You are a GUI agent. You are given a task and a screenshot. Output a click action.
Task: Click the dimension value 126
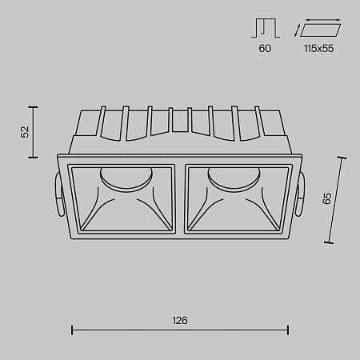tap(180, 320)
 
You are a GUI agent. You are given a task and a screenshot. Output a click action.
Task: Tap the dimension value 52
tap(25, 131)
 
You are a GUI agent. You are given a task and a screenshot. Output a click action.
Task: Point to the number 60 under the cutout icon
tap(265, 49)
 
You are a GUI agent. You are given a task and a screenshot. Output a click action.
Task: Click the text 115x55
tap(317, 49)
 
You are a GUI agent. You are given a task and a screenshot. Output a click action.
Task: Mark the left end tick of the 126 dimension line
tap(73, 329)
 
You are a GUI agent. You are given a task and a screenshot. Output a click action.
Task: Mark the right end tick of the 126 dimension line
tap(288, 329)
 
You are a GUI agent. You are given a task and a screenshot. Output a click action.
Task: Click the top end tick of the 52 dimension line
tap(34, 106)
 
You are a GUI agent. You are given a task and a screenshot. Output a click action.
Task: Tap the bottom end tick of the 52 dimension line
tap(34, 158)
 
